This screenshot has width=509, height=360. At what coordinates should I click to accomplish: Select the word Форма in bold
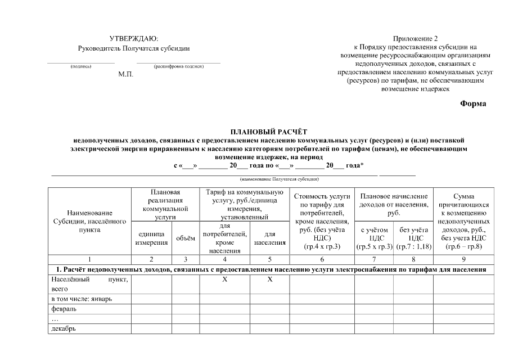[472, 103]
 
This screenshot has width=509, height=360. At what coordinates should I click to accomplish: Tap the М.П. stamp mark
[126, 74]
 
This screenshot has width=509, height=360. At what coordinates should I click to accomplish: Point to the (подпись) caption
[80, 66]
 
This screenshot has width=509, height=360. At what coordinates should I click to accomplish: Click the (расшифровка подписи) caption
[178, 66]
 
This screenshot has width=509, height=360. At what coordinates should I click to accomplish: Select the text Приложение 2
[415, 38]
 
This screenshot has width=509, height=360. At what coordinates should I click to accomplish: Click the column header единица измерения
[151, 238]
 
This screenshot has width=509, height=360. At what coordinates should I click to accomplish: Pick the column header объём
[186, 238]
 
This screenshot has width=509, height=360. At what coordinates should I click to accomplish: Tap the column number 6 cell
[321, 260]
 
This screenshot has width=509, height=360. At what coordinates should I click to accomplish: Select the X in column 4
[224, 280]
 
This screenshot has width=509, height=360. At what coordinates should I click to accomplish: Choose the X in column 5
[269, 280]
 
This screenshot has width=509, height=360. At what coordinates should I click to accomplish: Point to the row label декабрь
[63, 329]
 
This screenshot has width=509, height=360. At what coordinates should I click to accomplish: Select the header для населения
[269, 238]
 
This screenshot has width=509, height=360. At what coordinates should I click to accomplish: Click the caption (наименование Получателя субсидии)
[279, 179]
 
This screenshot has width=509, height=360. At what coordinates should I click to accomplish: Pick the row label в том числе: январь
[82, 299]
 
